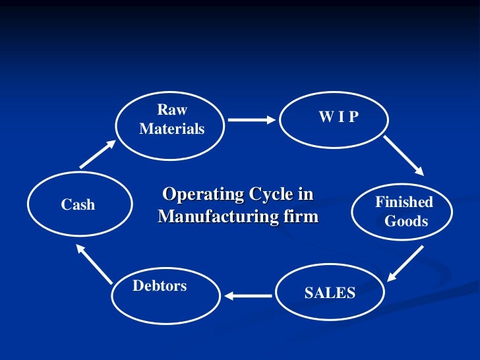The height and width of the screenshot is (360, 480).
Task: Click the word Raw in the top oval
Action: [172, 110]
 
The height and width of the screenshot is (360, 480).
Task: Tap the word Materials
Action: [172, 129]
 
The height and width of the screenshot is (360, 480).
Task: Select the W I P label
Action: [338, 117]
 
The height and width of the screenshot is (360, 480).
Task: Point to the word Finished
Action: [404, 202]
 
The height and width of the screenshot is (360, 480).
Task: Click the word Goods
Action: [406, 222]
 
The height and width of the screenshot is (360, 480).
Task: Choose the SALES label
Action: [330, 293]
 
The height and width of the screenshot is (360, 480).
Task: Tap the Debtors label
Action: [160, 286]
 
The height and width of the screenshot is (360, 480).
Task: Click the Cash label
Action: [78, 205]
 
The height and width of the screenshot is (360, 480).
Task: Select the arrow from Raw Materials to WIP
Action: [251, 120]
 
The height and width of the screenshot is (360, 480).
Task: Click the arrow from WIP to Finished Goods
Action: [404, 156]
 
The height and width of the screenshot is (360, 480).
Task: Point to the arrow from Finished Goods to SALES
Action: [405, 262]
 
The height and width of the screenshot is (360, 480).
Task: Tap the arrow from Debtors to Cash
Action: [93, 261]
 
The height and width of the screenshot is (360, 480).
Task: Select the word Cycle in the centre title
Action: [269, 195]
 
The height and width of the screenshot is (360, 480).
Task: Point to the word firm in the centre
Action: [298, 216]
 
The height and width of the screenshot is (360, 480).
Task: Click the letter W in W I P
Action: [325, 117]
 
